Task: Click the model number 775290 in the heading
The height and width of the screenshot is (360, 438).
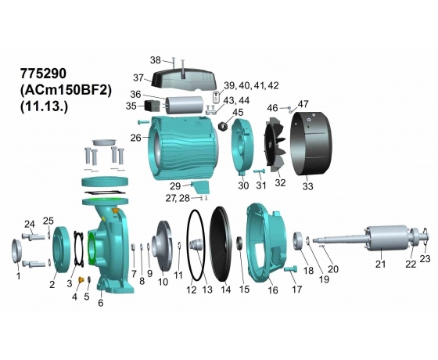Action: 43,74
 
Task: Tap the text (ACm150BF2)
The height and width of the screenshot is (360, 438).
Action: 66,90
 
